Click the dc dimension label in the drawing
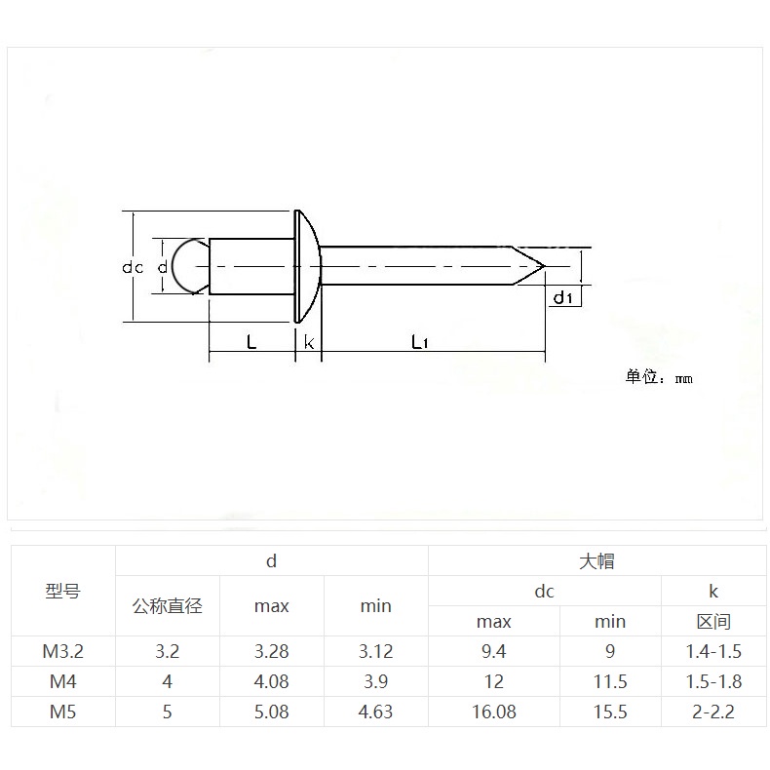(x=134, y=267)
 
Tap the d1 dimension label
(x=562, y=297)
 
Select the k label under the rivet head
(x=308, y=342)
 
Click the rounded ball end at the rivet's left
(x=182, y=266)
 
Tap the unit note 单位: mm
(x=658, y=377)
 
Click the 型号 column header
(x=63, y=591)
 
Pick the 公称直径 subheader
(x=168, y=606)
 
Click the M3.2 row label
(x=63, y=650)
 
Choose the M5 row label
(x=63, y=712)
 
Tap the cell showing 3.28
(x=272, y=650)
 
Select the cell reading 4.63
(x=375, y=712)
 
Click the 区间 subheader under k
(x=713, y=621)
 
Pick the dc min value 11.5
(x=609, y=681)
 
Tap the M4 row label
(x=63, y=681)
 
